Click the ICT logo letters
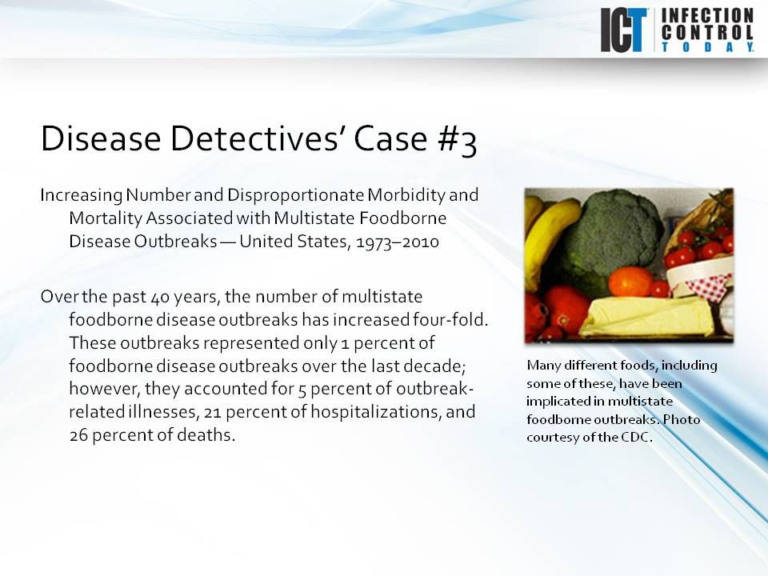tap(624, 30)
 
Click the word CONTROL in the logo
tap(707, 33)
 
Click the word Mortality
tap(102, 218)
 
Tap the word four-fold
tap(454, 320)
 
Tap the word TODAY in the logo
tap(707, 48)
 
